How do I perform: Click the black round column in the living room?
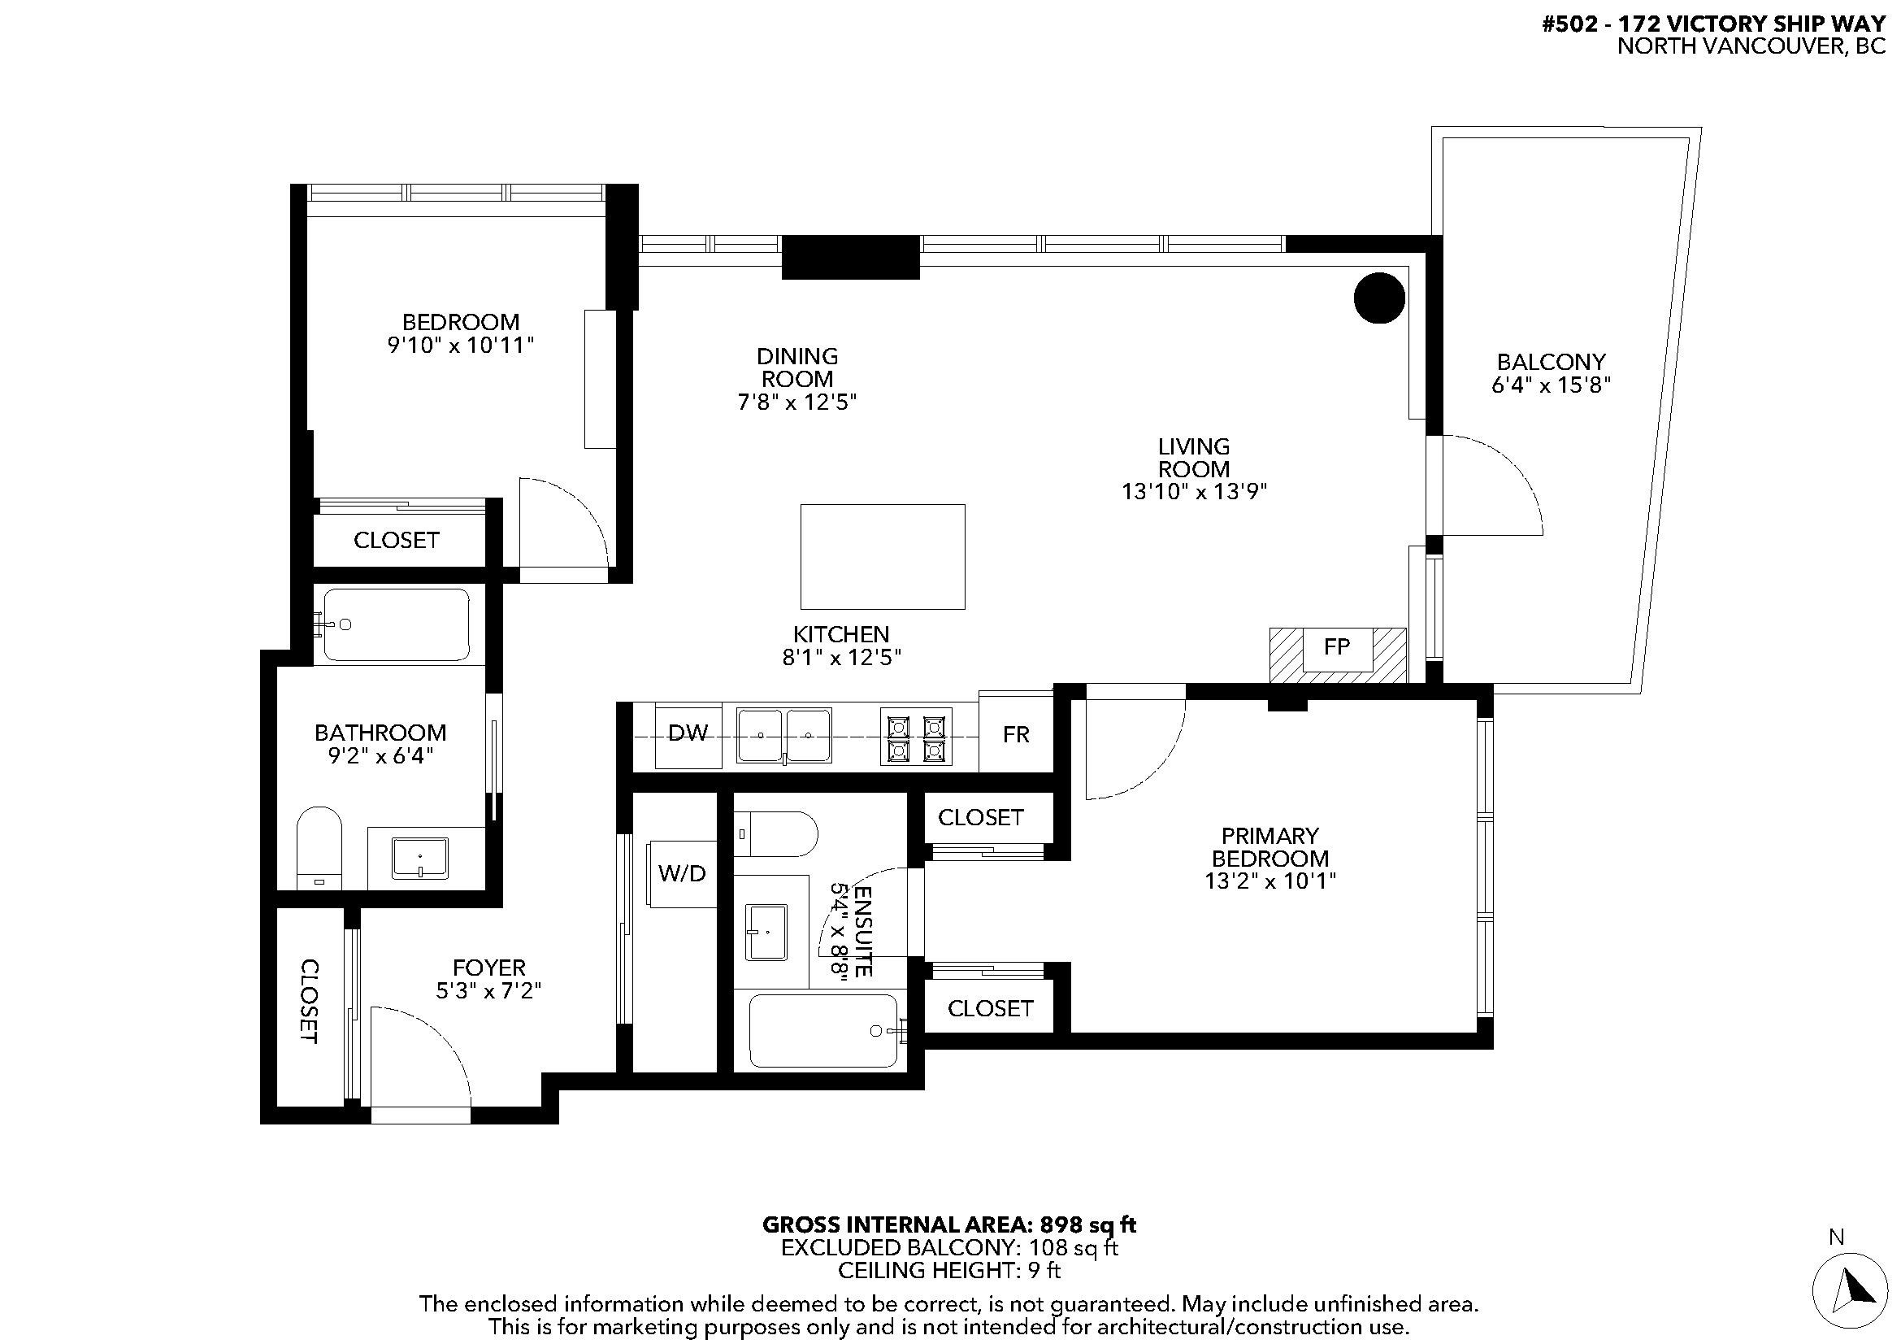pyautogui.click(x=1379, y=298)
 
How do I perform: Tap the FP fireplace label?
pyautogui.click(x=1337, y=646)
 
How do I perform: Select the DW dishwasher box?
pyautogui.click(x=688, y=735)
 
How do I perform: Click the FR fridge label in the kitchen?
pyautogui.click(x=1016, y=734)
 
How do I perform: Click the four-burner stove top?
pyautogui.click(x=916, y=736)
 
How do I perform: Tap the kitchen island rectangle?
pyautogui.click(x=883, y=556)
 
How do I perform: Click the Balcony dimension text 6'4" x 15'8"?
pyautogui.click(x=1551, y=385)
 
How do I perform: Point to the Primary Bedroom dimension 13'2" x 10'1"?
pyautogui.click(x=1270, y=881)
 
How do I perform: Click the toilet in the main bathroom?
pyautogui.click(x=319, y=848)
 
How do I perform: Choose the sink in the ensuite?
pyautogui.click(x=766, y=933)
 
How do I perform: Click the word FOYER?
pyautogui.click(x=488, y=968)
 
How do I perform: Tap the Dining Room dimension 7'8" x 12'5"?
pyautogui.click(x=796, y=402)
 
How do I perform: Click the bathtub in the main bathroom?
pyautogui.click(x=396, y=624)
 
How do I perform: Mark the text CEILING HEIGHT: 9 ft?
pyautogui.click(x=949, y=1270)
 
